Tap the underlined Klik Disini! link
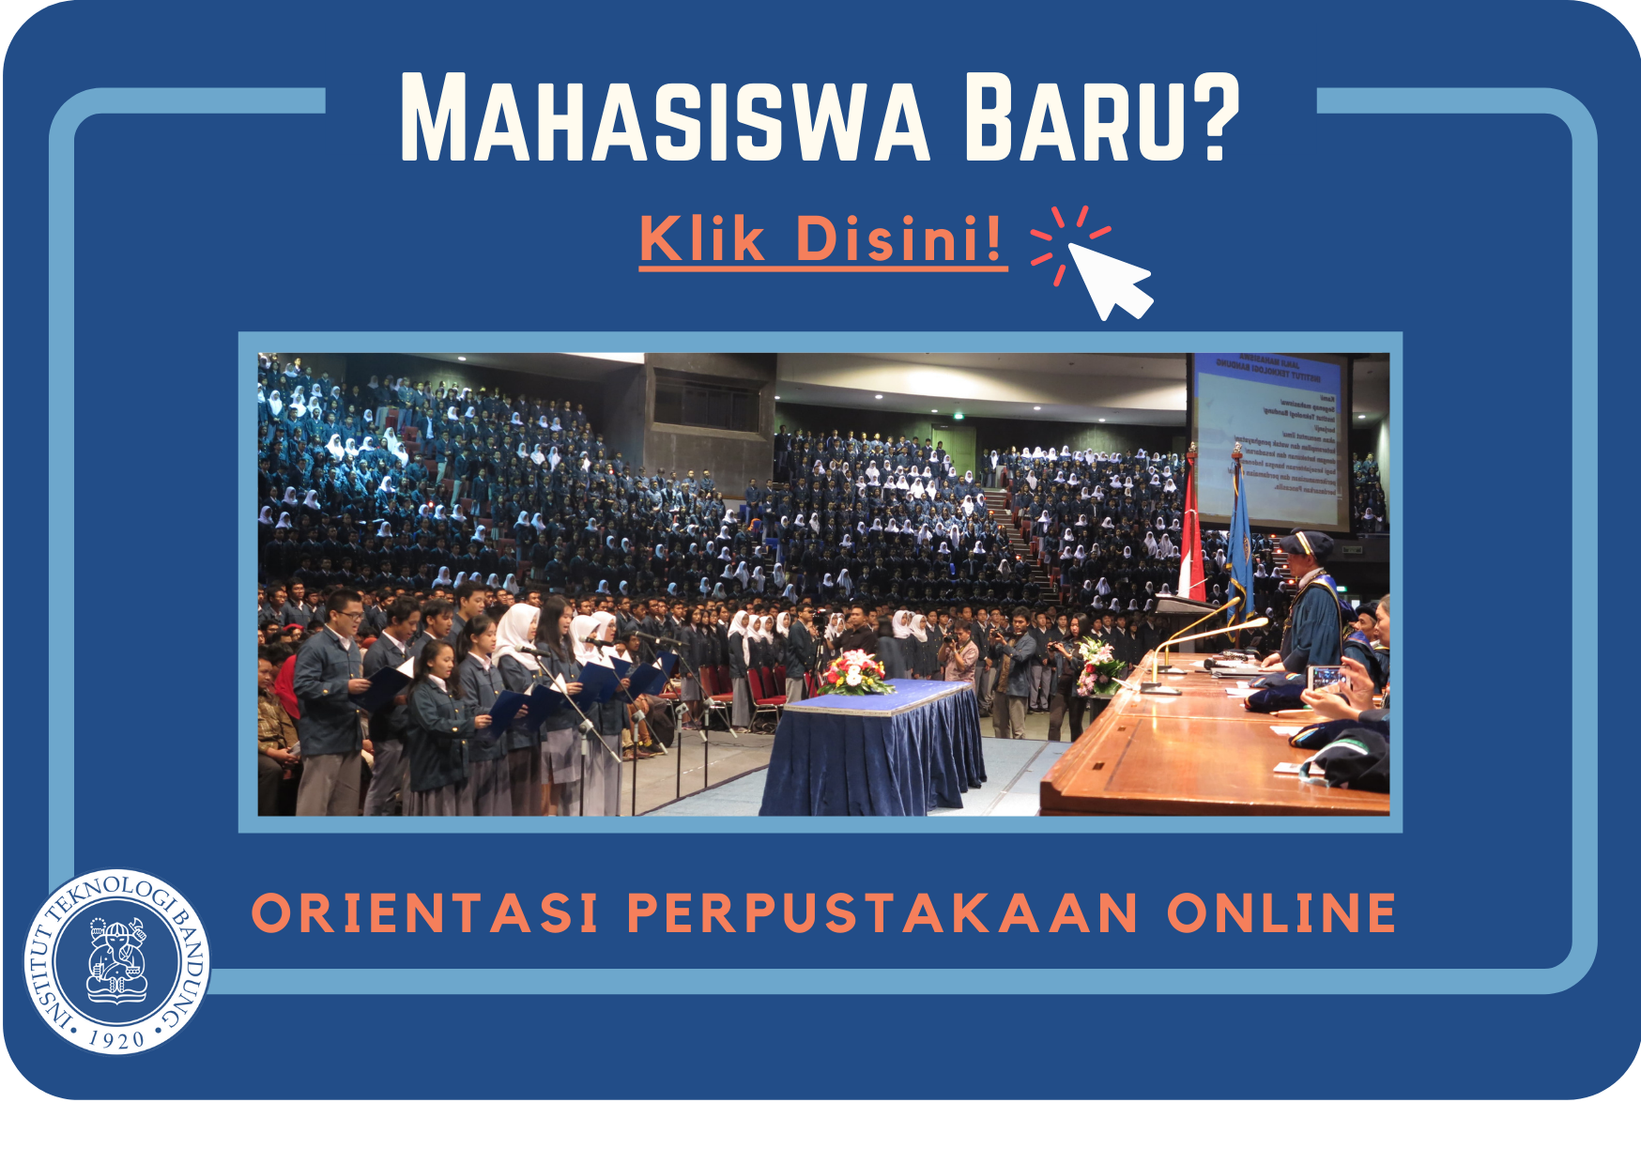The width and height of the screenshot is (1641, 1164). pyautogui.click(x=822, y=239)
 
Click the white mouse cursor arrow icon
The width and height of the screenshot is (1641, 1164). pyautogui.click(x=1108, y=277)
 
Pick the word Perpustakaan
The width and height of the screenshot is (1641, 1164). pyautogui.click(x=882, y=913)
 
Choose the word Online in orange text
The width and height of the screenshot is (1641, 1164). pyautogui.click(x=1281, y=913)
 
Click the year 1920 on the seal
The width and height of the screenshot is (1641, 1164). pyautogui.click(x=116, y=1038)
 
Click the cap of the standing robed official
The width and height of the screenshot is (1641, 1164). pyautogui.click(x=1306, y=542)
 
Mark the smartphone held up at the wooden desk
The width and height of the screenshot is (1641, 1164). pyautogui.click(x=1325, y=677)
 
